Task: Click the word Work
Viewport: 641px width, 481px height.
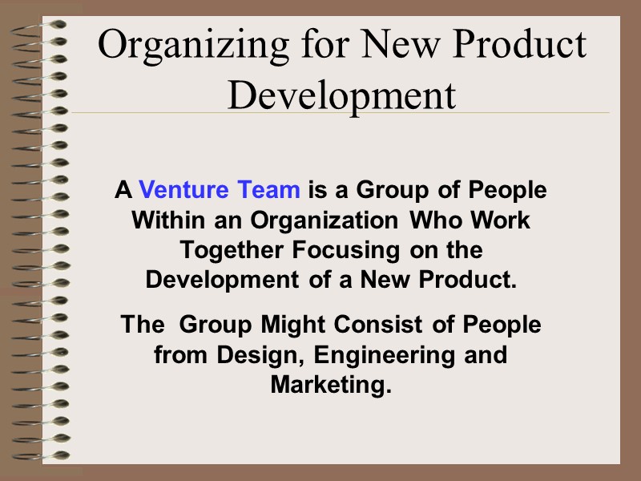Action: [499, 220]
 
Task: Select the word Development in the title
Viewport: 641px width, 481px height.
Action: [341, 96]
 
